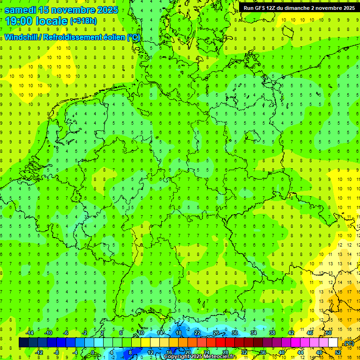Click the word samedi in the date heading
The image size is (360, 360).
[20, 10]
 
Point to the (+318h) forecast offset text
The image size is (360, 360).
[84, 21]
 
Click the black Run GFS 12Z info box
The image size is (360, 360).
[299, 8]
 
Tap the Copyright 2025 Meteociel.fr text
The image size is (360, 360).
[200, 357]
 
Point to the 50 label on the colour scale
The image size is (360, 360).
[329, 333]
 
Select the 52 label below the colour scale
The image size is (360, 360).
[338, 352]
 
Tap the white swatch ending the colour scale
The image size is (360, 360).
[333, 343]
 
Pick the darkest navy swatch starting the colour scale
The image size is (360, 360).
[23, 343]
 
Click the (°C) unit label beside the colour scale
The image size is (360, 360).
[348, 344]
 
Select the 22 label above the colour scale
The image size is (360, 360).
[197, 333]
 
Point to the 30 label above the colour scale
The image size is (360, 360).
[235, 333]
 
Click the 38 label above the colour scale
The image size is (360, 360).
[272, 333]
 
